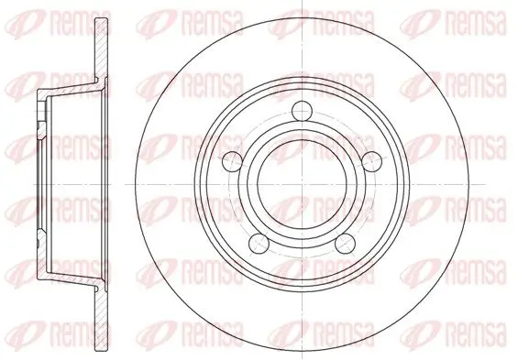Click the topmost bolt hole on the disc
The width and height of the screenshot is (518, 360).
tap(302, 111)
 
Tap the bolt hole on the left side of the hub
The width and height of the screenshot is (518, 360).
tap(233, 162)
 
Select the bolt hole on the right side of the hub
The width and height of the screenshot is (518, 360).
tap(371, 162)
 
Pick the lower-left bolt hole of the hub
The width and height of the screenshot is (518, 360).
tap(259, 244)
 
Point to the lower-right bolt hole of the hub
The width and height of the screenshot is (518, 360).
tap(346, 244)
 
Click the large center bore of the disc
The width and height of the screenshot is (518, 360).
tap(302, 184)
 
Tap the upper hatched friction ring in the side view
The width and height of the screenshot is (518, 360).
tap(102, 49)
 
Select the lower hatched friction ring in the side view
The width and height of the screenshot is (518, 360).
tap(102, 319)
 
